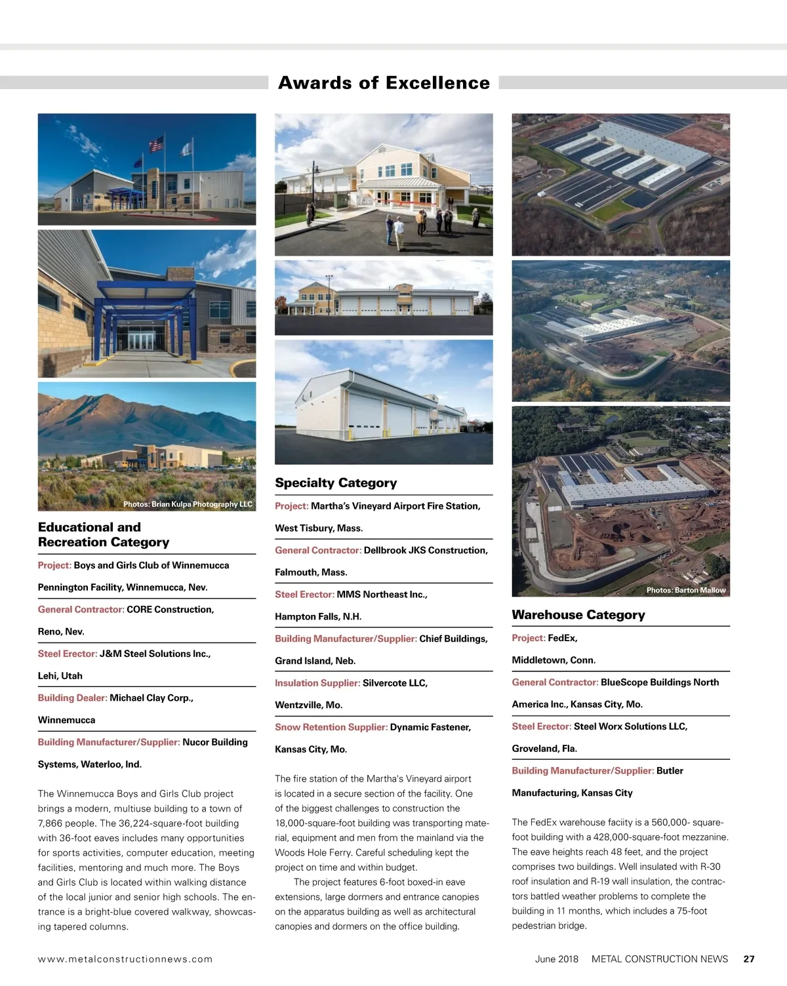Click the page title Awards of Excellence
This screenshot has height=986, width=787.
(x=384, y=83)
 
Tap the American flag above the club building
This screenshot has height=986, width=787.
(x=156, y=144)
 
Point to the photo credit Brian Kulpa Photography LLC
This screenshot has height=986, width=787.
(x=188, y=504)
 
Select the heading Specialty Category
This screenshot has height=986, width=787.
(x=336, y=483)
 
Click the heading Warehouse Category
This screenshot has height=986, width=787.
(x=578, y=615)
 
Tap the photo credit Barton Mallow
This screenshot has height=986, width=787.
(x=685, y=590)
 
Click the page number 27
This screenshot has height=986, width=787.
(x=749, y=959)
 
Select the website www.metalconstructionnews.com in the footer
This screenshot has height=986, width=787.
(x=125, y=959)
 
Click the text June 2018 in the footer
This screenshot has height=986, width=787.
(x=557, y=959)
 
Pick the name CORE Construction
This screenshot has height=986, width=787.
(x=170, y=610)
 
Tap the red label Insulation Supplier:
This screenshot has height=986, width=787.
(x=317, y=683)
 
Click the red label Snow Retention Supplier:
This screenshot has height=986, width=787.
(x=331, y=727)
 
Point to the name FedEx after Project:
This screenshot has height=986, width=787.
(x=562, y=638)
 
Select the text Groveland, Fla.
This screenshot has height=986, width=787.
(x=544, y=749)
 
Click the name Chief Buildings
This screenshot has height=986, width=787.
(x=453, y=639)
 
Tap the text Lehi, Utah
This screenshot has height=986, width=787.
(x=60, y=676)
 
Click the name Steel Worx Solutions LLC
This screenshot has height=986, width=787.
(x=630, y=726)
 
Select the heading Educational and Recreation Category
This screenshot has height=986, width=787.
(x=104, y=535)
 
